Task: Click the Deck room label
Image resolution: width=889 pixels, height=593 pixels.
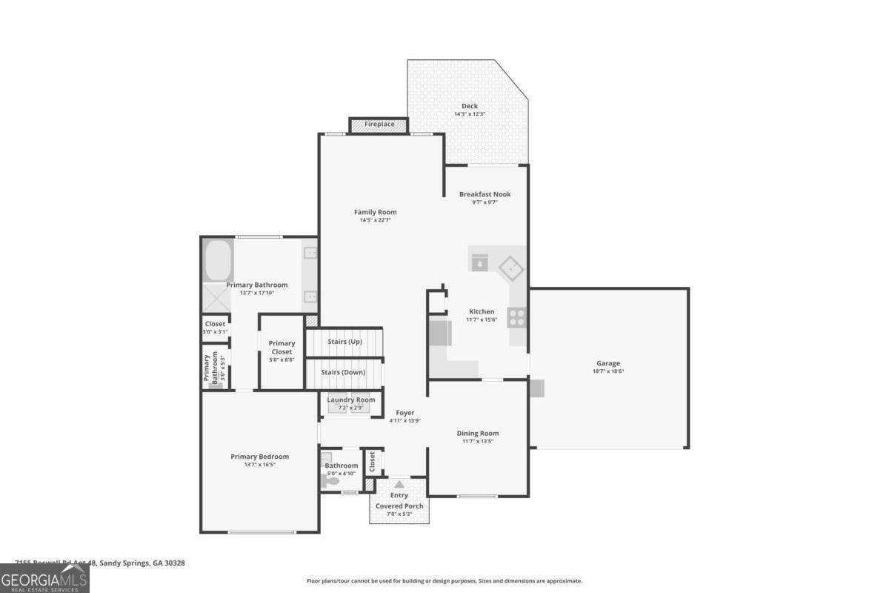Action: pos(469,106)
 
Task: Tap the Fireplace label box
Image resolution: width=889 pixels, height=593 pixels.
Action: pos(379,125)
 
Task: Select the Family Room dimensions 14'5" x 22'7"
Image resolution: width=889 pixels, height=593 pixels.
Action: pos(375,220)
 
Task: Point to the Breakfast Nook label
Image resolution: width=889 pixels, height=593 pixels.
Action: pos(485,194)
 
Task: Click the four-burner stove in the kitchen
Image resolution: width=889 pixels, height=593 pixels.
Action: pos(516,318)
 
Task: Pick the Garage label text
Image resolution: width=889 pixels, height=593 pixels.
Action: pos(607,363)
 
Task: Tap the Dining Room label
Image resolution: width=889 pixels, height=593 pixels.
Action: pos(477,433)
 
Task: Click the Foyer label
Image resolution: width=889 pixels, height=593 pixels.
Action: pos(404,413)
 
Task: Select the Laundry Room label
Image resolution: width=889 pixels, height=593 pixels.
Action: pos(351,400)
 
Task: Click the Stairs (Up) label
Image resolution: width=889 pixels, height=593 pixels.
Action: pos(344,342)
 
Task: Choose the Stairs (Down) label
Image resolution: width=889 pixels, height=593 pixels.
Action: pos(343,372)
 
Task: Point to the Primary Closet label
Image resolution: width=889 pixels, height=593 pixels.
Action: pos(282,347)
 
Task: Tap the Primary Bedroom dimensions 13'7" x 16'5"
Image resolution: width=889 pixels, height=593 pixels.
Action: pos(259,465)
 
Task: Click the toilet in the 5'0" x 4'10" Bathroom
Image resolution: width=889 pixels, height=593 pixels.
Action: pos(330,481)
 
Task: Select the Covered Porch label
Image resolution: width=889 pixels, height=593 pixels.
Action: pos(399,506)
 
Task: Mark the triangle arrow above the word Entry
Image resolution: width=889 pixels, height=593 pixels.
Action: pos(399,484)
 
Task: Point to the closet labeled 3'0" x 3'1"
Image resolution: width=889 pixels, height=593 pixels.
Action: pos(215,328)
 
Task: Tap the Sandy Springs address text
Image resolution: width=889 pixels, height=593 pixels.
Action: pos(100,563)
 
